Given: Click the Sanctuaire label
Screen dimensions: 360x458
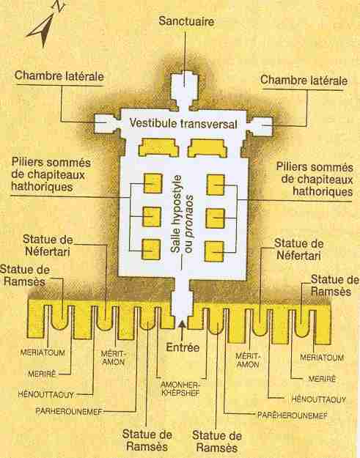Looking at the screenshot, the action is (x=186, y=21).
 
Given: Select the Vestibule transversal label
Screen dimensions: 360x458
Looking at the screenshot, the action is (x=183, y=124).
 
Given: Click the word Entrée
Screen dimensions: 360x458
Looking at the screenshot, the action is (x=183, y=347).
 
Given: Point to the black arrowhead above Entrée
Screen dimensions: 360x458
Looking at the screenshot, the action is (x=183, y=323).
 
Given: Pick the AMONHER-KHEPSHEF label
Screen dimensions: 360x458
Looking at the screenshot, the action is (x=180, y=389).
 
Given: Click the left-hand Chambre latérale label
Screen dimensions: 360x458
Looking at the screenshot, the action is (x=59, y=76).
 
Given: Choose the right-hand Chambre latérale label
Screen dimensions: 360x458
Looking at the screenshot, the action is (x=304, y=81).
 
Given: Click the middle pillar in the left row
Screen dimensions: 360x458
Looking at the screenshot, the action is (x=152, y=217).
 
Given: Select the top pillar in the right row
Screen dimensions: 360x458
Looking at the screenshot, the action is (x=216, y=185).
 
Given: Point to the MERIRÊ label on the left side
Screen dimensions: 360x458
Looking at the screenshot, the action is (x=42, y=374).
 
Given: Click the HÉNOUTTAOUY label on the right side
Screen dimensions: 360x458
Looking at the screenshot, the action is (x=319, y=399).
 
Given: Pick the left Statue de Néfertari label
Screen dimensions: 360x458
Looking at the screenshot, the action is (x=48, y=245).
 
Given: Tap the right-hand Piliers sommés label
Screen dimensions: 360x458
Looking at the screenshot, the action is (x=315, y=180).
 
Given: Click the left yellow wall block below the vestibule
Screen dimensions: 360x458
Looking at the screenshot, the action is (x=158, y=147).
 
